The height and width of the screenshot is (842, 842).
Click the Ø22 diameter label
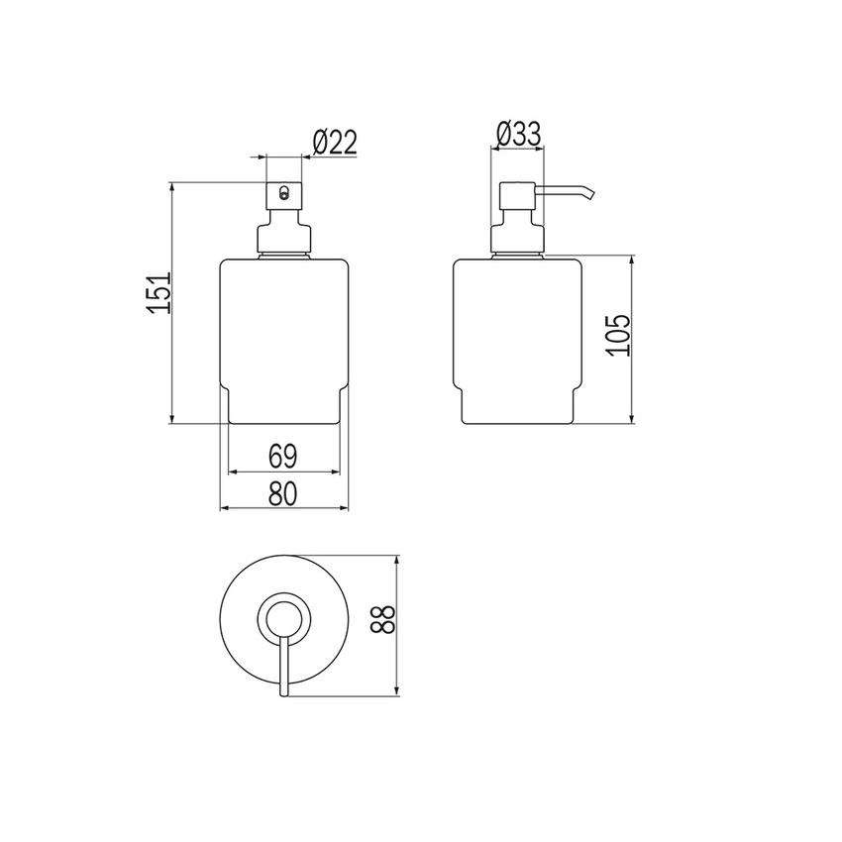coord(335,143)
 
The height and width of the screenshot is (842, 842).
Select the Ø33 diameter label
coord(519,135)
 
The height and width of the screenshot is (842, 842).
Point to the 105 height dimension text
coord(617,335)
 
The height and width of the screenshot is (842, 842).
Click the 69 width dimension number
coord(282,457)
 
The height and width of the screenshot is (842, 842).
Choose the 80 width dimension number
coord(283,494)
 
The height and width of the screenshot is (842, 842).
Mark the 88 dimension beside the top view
coord(383,619)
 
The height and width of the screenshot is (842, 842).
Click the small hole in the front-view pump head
coord(284,192)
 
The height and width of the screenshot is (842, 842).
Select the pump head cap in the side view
coord(517,195)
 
